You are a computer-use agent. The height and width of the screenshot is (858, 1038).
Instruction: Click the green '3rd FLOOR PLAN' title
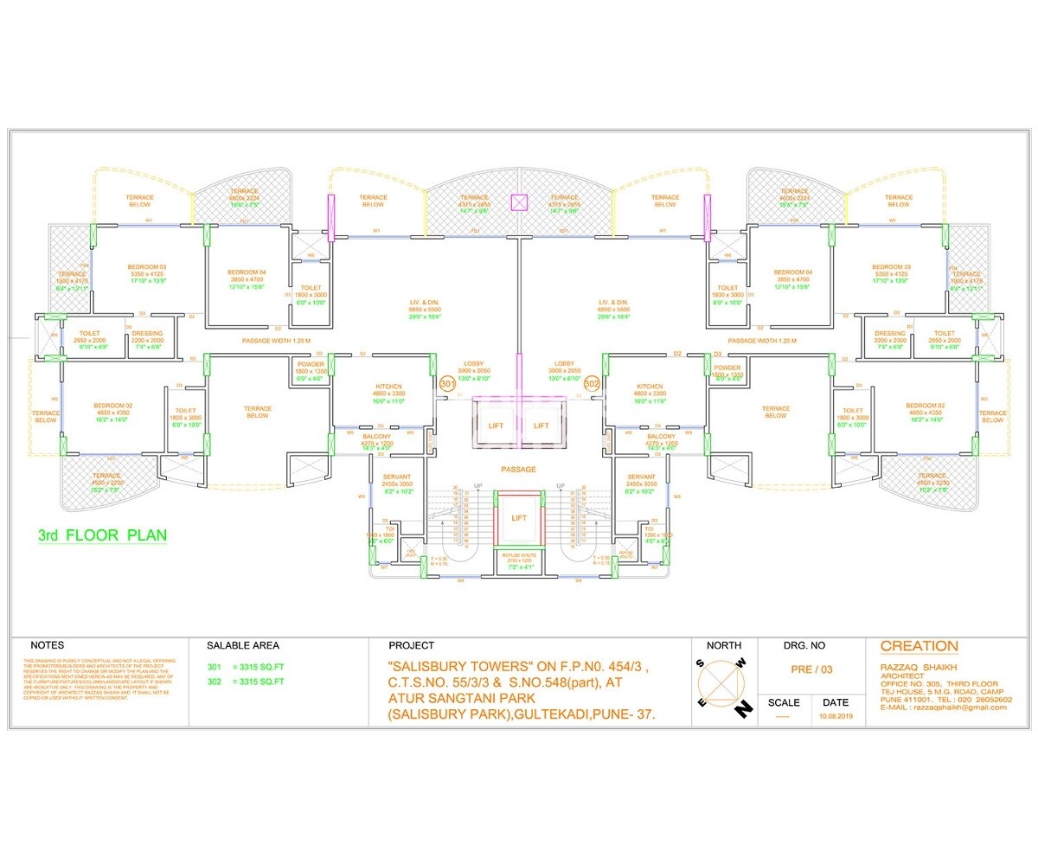pyautogui.click(x=102, y=535)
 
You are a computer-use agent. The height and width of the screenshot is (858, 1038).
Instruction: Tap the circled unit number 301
pyautogui.click(x=447, y=383)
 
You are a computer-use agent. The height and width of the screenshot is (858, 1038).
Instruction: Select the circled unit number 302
pyautogui.click(x=592, y=383)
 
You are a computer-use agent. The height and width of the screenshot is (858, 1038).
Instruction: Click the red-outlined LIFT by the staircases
pyautogui.click(x=519, y=518)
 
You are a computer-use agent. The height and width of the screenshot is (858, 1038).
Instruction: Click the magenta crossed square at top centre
pyautogui.click(x=519, y=202)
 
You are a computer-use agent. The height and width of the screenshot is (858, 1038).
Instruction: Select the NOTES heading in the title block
pyautogui.click(x=47, y=646)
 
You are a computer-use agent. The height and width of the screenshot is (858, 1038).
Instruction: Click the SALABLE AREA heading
pyautogui.click(x=243, y=646)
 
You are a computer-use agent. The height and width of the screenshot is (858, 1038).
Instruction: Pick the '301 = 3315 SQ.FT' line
pyautogui.click(x=247, y=668)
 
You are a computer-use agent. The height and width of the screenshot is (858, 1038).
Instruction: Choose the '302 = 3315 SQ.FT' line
pyautogui.click(x=247, y=682)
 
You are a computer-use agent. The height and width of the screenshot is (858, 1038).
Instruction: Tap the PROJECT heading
pyautogui.click(x=412, y=646)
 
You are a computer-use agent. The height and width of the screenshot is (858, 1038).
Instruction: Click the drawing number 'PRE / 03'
pyautogui.click(x=811, y=669)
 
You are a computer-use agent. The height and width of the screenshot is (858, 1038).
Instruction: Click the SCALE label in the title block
pyautogui.click(x=784, y=703)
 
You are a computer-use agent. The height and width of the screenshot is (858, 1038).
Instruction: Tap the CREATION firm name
pyautogui.click(x=919, y=646)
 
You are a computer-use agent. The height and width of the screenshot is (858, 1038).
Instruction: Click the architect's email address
pyautogui.click(x=944, y=708)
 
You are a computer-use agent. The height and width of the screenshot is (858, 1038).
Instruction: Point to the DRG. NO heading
pyautogui.click(x=804, y=646)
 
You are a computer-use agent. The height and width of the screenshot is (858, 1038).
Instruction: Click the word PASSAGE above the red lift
pyautogui.click(x=518, y=470)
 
